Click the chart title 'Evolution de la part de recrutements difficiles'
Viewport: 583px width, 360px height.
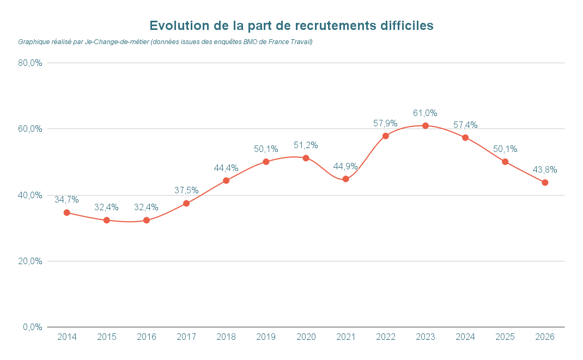291,26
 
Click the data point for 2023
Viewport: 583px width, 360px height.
426,126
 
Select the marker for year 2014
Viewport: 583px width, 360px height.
67,212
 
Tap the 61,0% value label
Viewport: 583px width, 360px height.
425,113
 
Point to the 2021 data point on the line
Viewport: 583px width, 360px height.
345,179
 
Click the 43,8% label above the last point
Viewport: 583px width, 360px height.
545,170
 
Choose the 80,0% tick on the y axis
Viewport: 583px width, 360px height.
31,63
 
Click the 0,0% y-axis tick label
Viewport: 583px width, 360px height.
33,327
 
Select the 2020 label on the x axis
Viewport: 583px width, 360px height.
306,337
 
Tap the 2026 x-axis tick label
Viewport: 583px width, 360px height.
545,337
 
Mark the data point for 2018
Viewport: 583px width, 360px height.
226,180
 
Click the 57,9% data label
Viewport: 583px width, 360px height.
385,124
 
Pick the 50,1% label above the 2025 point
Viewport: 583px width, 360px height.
505,149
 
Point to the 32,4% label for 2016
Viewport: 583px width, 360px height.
146,208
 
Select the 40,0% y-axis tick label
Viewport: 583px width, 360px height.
31,195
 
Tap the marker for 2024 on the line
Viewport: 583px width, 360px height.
465,138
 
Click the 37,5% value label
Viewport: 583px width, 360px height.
186,191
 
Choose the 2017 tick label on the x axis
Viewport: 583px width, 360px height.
186,337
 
